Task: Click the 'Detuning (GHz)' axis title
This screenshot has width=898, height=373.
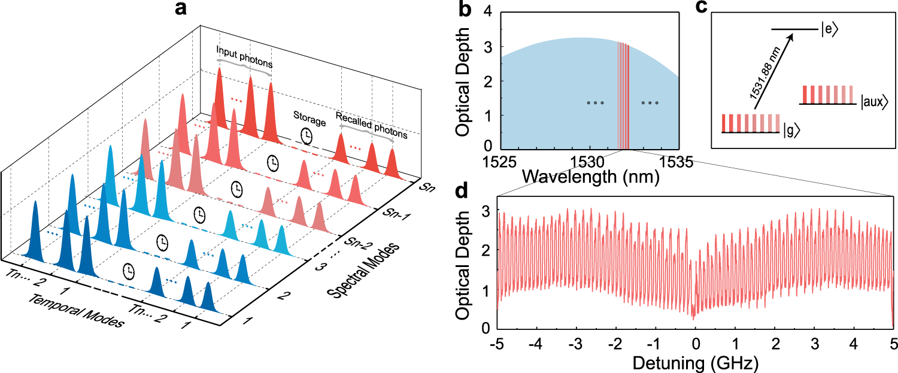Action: click(695, 363)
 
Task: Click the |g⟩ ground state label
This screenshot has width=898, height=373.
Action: click(791, 132)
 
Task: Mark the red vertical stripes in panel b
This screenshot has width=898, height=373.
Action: click(623, 96)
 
